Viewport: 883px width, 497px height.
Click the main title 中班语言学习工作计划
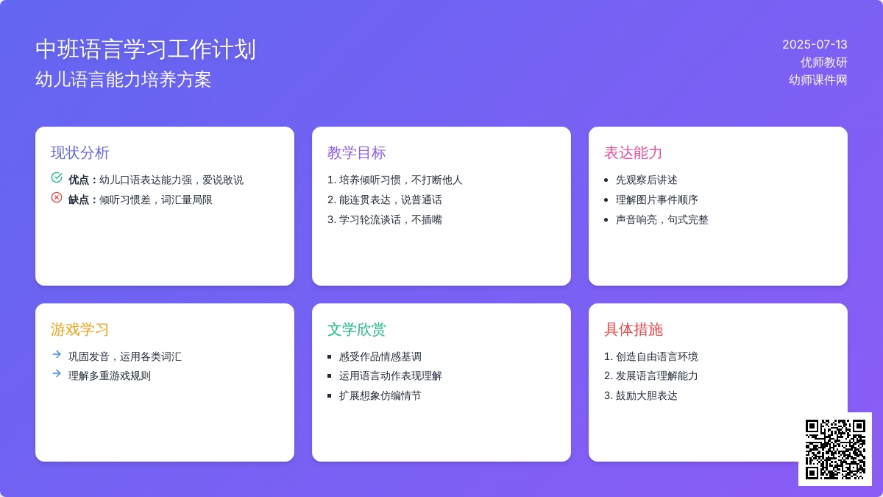click(x=146, y=49)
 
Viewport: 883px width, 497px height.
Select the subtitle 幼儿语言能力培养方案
click(x=124, y=80)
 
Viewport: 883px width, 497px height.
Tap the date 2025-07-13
click(x=815, y=45)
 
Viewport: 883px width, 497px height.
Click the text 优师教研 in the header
click(x=824, y=63)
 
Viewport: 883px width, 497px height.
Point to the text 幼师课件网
click(x=818, y=80)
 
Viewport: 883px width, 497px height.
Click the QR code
click(x=835, y=449)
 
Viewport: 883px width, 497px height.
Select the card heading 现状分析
click(x=80, y=152)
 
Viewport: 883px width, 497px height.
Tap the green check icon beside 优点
click(x=57, y=178)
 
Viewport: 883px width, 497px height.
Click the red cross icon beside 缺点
click(x=57, y=197)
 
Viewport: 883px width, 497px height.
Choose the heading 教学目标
click(x=357, y=152)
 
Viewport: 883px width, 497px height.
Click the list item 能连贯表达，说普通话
click(x=385, y=200)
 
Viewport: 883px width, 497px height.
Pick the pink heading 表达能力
click(x=634, y=152)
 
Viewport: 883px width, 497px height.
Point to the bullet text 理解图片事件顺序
click(x=656, y=200)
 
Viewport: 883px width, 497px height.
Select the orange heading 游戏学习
click(x=80, y=329)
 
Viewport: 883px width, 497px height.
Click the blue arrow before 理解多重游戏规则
click(x=57, y=373)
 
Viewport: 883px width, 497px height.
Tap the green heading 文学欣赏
click(x=357, y=329)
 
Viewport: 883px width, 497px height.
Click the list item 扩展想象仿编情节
click(x=380, y=395)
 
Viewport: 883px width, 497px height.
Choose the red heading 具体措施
click(x=634, y=329)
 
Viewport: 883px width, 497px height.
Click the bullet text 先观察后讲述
click(x=647, y=180)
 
